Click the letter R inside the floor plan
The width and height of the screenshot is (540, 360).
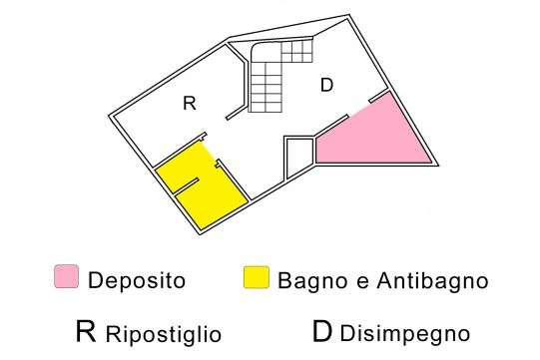(x=190, y=103)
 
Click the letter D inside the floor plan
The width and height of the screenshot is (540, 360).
(x=326, y=85)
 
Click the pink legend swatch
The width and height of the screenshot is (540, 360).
(x=67, y=276)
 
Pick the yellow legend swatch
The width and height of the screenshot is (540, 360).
(x=257, y=277)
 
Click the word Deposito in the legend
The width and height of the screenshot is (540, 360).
(x=137, y=280)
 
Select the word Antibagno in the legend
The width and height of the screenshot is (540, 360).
(x=432, y=280)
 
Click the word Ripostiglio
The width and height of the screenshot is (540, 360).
(x=164, y=334)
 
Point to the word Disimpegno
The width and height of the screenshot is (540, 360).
(x=405, y=333)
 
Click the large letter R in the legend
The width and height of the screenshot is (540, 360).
(x=86, y=331)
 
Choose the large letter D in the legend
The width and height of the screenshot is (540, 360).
(x=322, y=331)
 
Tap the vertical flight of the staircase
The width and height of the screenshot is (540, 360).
(x=266, y=87)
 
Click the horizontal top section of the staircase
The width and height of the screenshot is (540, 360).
(x=296, y=52)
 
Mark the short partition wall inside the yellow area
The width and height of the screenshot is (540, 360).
(x=186, y=185)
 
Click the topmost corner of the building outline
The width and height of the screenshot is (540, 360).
(x=349, y=15)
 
